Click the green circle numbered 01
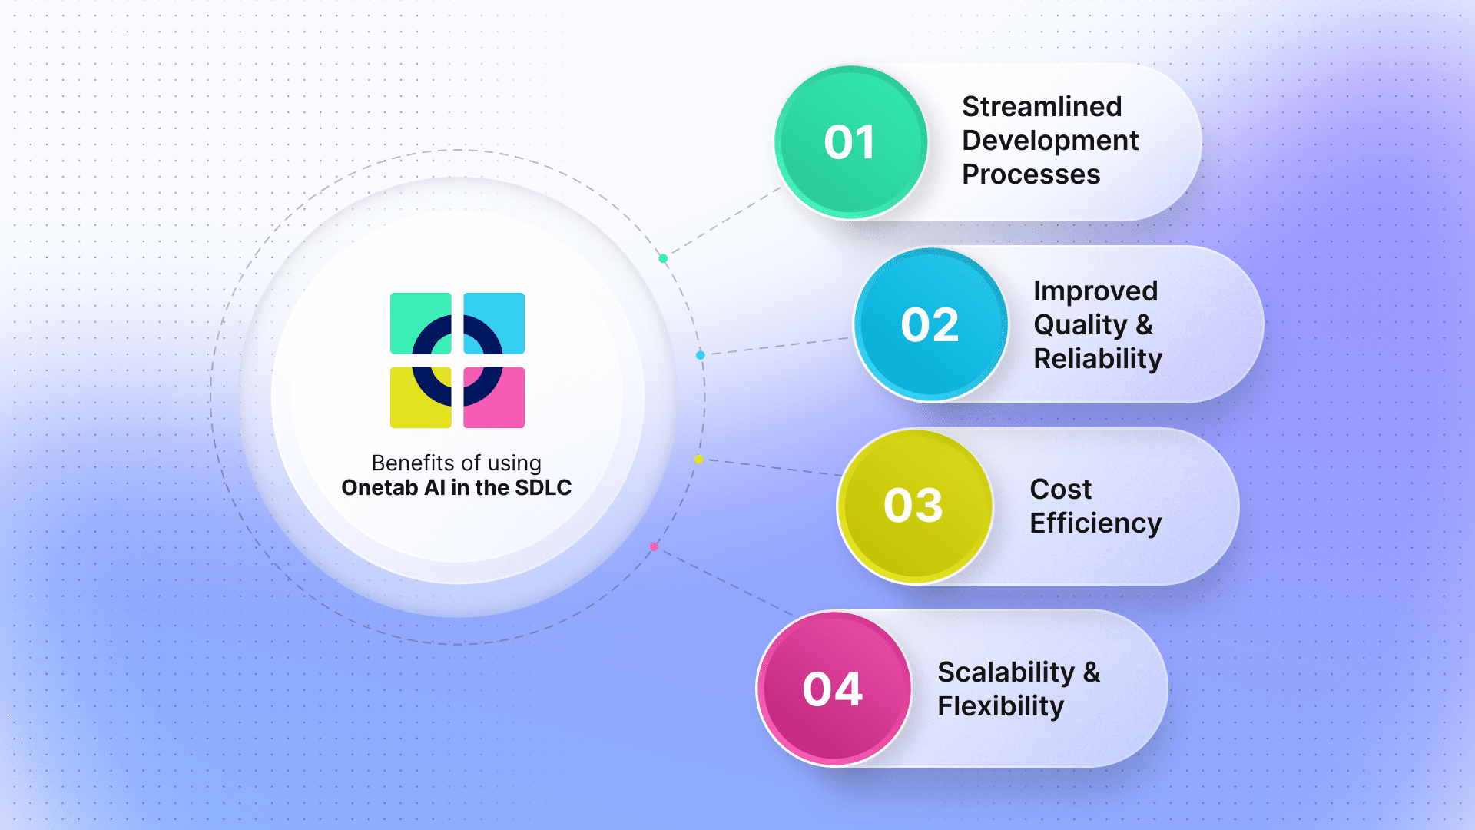[850, 142]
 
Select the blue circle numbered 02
[930, 324]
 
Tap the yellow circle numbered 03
[914, 506]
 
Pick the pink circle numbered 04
[834, 689]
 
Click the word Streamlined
[1042, 106]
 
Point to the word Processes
[1031, 174]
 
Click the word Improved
[1095, 292]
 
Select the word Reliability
[1098, 360]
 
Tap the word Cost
[1060, 489]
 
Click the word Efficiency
[1095, 523]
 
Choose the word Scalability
[1006, 672]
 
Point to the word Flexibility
[1001, 706]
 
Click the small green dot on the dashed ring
[663, 258]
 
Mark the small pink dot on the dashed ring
[654, 546]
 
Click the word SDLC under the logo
[543, 488]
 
